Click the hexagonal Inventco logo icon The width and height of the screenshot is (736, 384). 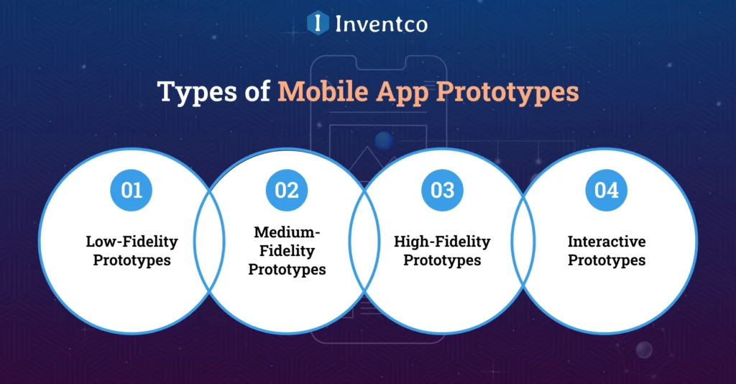point(317,24)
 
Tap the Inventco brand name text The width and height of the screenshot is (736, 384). point(381,24)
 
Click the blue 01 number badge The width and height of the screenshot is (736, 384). point(131,191)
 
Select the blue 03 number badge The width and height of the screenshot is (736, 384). point(442,191)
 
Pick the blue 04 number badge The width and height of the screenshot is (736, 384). point(606,191)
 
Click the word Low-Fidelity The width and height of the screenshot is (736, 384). point(132,242)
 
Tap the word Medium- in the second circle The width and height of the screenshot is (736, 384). point(287,233)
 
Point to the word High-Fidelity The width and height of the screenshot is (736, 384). point(442,242)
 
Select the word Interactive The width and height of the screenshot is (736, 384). point(607,242)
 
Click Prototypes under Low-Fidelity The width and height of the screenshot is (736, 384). point(132,260)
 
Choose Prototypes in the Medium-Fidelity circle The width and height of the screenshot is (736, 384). point(287,270)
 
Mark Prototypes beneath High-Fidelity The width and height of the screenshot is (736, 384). point(442,260)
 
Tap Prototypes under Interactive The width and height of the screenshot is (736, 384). point(607,260)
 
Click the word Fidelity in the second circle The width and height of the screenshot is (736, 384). point(287,252)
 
